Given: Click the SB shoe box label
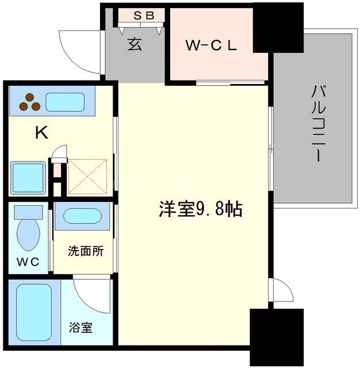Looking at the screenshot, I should tap(144, 16).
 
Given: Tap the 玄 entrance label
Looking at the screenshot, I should tap(135, 45).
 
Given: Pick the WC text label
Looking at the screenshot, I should tap(27, 262).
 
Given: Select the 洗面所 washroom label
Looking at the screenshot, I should tap(86, 251).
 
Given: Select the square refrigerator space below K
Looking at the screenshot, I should tap(28, 177).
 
